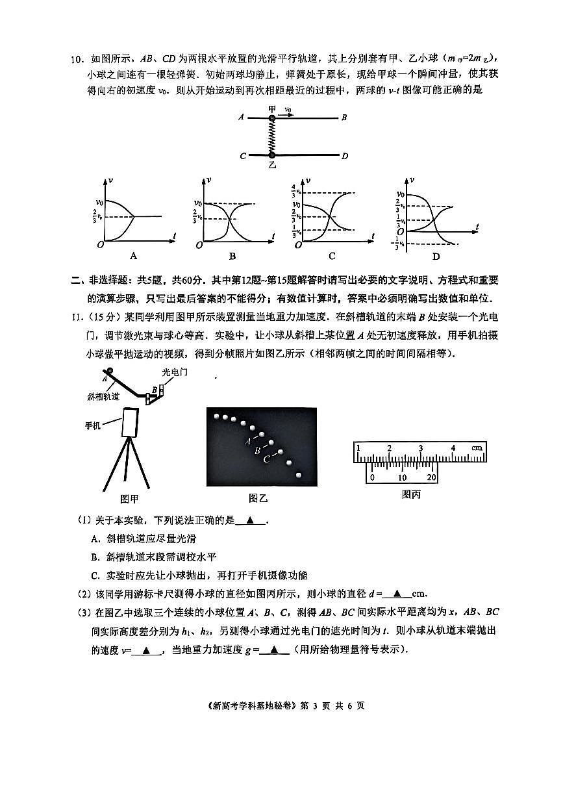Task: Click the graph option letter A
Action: pyautogui.click(x=134, y=256)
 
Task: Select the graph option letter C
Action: pyautogui.click(x=332, y=256)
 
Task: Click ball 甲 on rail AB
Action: pyautogui.click(x=272, y=119)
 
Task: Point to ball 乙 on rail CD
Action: pyautogui.click(x=272, y=156)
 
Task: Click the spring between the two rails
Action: pyautogui.click(x=272, y=137)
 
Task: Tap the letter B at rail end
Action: pyautogui.click(x=345, y=118)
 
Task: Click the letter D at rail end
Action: pyautogui.click(x=345, y=156)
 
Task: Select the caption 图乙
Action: pyautogui.click(x=258, y=498)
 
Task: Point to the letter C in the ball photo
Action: pyautogui.click(x=267, y=459)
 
